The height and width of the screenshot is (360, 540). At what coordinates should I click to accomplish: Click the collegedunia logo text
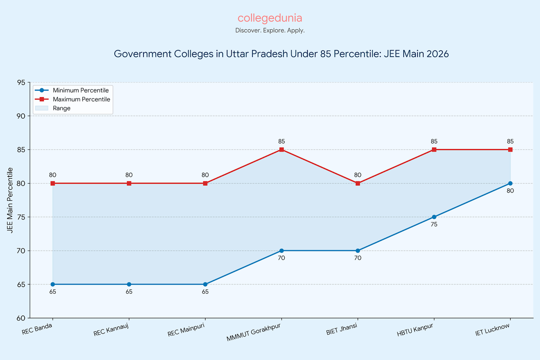tap(270, 18)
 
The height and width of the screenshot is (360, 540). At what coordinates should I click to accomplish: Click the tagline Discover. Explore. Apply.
tap(270, 31)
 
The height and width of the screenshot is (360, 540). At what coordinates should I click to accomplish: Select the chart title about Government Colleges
tap(282, 54)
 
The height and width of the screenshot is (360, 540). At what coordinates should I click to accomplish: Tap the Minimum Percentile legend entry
tap(81, 90)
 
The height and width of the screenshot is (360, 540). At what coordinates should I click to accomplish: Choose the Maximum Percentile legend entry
tap(81, 99)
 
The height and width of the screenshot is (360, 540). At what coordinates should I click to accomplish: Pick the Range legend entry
tap(61, 108)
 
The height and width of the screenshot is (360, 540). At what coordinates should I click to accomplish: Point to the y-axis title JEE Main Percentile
tap(10, 200)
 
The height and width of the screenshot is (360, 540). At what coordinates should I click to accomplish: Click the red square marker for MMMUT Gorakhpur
tap(282, 150)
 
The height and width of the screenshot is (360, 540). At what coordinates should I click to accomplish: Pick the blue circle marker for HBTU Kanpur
tap(434, 217)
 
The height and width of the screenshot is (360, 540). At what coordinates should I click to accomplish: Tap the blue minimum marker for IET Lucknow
tap(510, 183)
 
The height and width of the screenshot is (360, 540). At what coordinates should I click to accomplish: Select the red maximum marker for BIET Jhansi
tap(358, 183)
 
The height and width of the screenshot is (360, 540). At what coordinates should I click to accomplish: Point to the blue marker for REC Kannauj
tap(129, 284)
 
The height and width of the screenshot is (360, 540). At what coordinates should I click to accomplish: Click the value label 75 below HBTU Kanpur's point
tap(434, 224)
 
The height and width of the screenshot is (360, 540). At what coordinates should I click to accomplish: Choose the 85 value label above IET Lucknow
tap(510, 141)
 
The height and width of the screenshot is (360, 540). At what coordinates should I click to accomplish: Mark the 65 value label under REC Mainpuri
tap(205, 292)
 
